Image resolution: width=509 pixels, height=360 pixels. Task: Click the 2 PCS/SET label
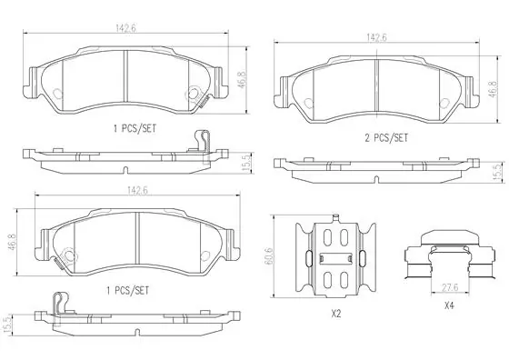click(386, 138)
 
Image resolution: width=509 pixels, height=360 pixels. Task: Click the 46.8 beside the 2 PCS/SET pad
click(493, 88)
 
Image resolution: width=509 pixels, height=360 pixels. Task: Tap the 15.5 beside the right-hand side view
click(495, 169)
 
